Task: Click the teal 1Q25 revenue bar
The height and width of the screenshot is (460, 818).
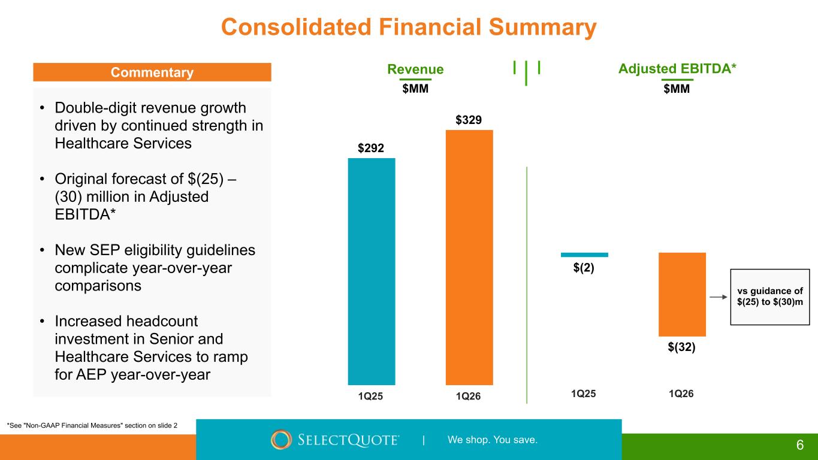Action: (x=372, y=271)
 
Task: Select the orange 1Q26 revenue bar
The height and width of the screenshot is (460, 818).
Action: (x=469, y=258)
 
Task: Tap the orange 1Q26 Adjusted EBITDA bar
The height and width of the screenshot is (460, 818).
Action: (x=682, y=294)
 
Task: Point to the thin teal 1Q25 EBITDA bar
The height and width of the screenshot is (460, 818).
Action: (x=584, y=255)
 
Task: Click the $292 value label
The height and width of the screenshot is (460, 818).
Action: (x=372, y=148)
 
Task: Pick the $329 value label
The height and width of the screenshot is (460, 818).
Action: (x=469, y=120)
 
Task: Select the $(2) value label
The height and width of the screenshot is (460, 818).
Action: (x=584, y=268)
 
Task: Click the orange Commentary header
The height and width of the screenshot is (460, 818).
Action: (x=152, y=72)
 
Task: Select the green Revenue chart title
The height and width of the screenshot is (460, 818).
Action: (x=415, y=69)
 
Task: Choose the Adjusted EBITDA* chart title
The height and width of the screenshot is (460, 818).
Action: (x=677, y=69)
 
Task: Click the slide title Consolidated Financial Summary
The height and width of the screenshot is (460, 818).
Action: (x=409, y=28)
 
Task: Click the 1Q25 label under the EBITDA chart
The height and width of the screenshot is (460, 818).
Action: (x=584, y=394)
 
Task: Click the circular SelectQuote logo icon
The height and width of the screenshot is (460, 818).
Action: (x=281, y=440)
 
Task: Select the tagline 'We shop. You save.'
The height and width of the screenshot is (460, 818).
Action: (x=493, y=440)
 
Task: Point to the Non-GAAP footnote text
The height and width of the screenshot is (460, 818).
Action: (x=92, y=425)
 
